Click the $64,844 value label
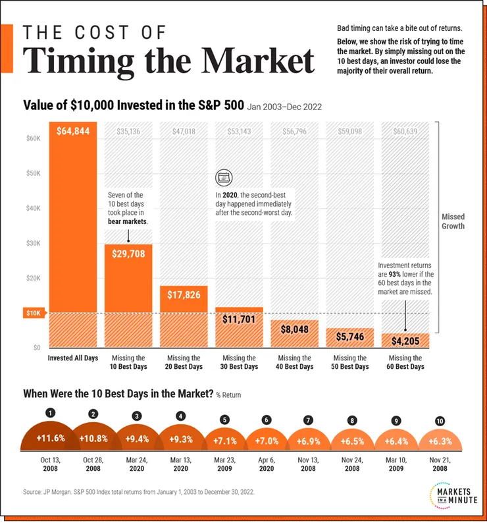[72, 132]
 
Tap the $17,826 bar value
[184, 294]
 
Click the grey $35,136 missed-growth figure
[128, 131]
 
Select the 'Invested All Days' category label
[72, 358]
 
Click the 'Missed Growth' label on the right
[453, 221]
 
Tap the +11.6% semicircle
[49, 438]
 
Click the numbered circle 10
[440, 420]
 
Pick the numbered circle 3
[136, 416]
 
